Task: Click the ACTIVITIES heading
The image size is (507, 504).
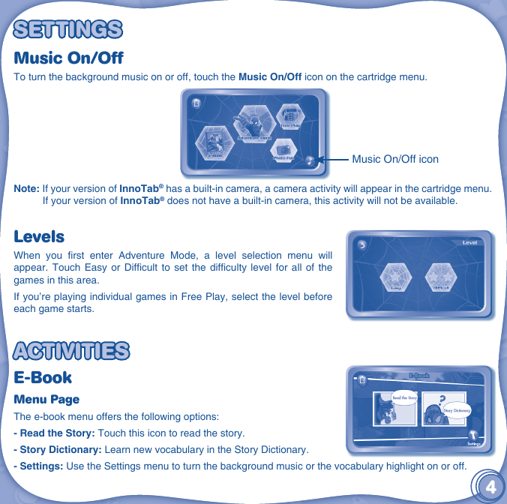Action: click(x=72, y=350)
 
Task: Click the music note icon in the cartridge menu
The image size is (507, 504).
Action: click(x=311, y=159)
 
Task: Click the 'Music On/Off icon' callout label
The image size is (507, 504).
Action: click(x=395, y=159)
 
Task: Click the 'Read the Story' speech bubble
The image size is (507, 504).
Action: click(x=405, y=397)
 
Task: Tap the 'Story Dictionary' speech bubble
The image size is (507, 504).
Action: click(x=456, y=410)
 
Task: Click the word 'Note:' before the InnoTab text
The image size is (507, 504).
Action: click(x=27, y=187)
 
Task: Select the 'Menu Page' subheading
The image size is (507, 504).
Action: click(x=46, y=399)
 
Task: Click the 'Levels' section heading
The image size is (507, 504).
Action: click(x=39, y=237)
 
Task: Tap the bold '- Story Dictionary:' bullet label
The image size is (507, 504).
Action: click(x=56, y=450)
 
